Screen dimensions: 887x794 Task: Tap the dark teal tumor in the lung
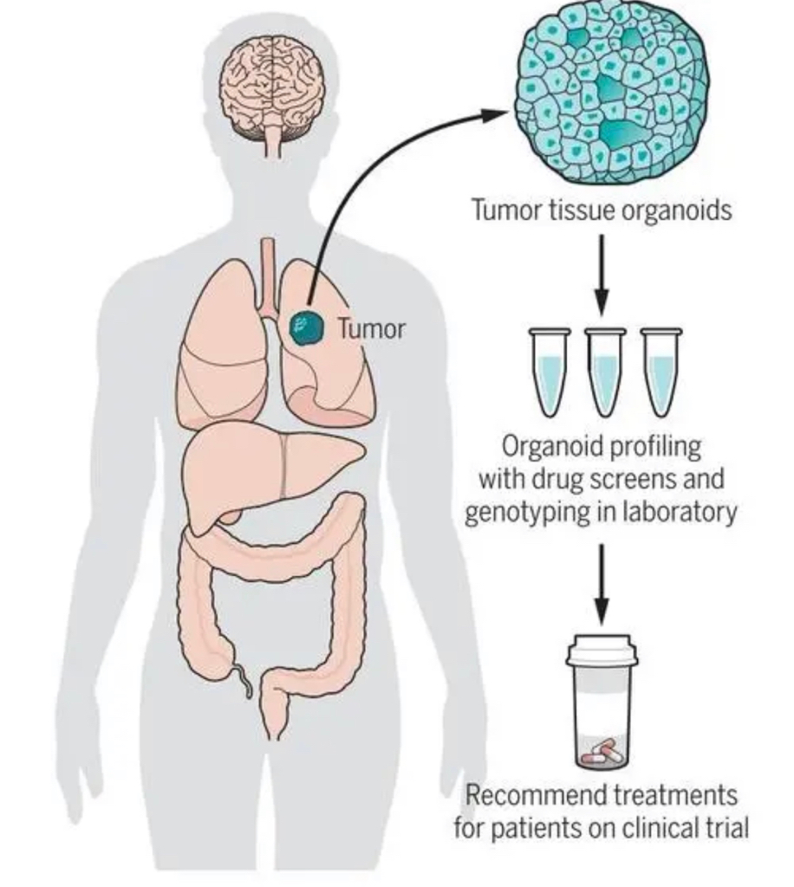point(304,328)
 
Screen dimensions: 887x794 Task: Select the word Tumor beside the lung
point(371,328)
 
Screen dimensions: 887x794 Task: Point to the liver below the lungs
point(260,468)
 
